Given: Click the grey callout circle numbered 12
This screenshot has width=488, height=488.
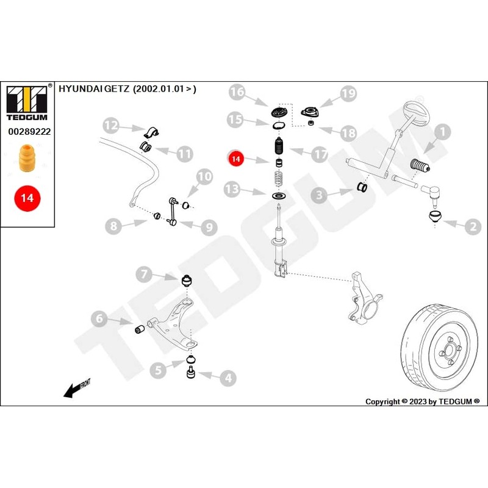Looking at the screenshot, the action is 110,126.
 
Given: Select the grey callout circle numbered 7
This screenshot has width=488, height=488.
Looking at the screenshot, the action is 145,274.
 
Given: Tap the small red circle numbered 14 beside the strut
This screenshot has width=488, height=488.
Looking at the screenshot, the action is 237,159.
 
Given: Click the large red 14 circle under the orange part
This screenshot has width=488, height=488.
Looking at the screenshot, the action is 27,198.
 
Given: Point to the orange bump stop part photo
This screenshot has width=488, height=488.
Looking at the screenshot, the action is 27,159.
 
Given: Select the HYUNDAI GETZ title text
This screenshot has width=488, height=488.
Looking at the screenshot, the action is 127,89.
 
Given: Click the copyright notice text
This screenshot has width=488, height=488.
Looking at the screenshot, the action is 422,401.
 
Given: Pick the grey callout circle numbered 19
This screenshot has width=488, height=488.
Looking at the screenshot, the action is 348,93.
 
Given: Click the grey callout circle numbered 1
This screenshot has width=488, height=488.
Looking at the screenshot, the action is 442,130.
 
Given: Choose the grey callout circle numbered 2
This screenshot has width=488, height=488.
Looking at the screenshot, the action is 473,228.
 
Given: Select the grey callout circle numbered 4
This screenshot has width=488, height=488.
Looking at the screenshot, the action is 227,378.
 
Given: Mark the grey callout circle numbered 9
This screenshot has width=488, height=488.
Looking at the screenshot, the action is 208,228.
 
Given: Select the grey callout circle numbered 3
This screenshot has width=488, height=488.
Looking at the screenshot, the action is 319,195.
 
